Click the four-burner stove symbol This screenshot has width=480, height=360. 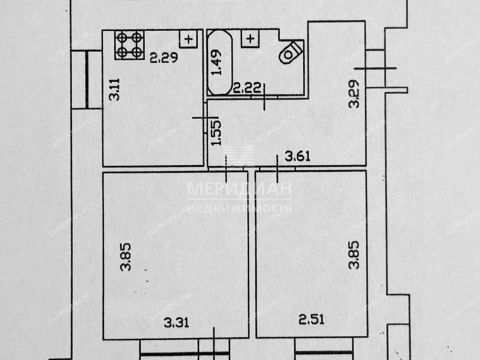[127, 43]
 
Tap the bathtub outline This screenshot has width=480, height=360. [220, 62]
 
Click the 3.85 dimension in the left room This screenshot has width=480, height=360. [126, 259]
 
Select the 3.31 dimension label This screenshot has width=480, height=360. [178, 323]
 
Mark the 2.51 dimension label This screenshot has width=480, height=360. [313, 323]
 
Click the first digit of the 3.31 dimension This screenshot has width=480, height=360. [168, 323]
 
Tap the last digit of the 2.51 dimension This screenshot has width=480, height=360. [323, 323]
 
